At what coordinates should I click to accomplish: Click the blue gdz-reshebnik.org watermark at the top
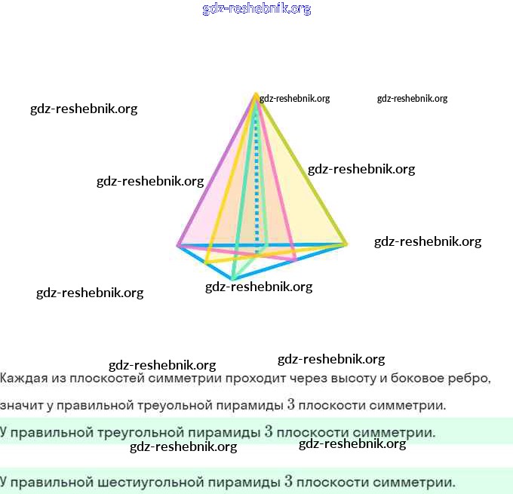point(256,9)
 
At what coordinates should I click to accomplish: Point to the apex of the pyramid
point(256,94)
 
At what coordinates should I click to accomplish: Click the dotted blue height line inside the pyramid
point(256,183)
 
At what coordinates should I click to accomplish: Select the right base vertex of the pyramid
point(346,244)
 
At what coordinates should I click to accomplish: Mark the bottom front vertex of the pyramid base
point(232,279)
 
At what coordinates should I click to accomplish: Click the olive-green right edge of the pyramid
point(301,169)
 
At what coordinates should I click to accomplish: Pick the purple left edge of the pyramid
point(217,170)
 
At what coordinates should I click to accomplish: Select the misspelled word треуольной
point(175,406)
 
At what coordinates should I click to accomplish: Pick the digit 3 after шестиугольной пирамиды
point(288,482)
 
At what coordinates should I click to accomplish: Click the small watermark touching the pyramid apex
point(294,99)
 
